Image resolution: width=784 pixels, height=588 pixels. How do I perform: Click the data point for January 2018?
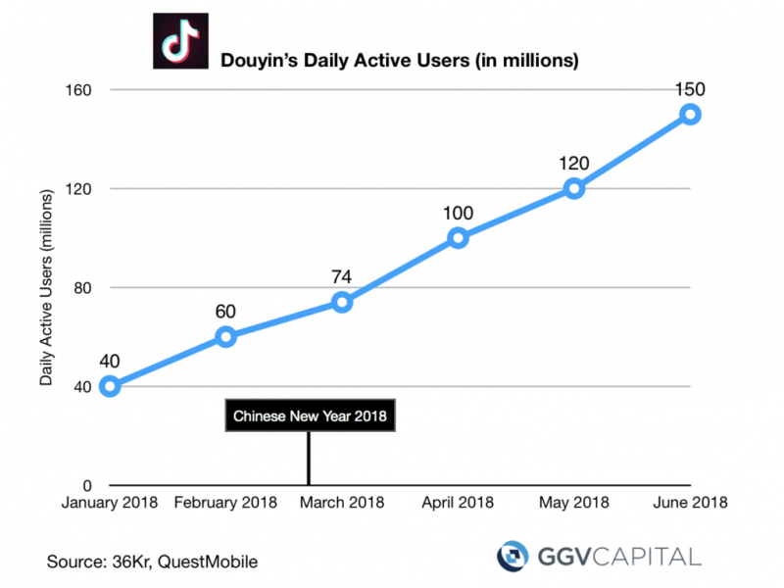point(110,386)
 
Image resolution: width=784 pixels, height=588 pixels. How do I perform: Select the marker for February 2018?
point(225,336)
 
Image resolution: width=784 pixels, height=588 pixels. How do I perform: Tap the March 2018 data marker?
point(341,302)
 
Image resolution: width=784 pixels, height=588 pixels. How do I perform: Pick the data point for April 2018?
point(458,237)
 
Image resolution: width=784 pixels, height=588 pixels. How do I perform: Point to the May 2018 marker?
point(574,188)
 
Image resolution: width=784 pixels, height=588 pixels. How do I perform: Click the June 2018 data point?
point(690,114)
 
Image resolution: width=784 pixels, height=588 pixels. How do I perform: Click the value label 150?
point(690,89)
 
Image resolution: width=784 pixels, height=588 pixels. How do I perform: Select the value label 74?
point(341,277)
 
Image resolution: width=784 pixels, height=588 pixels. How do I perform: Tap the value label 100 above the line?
point(458,213)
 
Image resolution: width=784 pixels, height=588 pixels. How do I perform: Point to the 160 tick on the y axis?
point(77,90)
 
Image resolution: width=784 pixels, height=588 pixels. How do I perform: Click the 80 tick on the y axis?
point(81,287)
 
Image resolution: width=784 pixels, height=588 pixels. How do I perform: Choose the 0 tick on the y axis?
point(86,485)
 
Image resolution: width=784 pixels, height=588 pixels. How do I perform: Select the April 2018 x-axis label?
point(458,503)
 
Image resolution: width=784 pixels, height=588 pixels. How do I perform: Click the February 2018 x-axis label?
point(225,503)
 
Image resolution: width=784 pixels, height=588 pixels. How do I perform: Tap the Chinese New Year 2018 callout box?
point(310,416)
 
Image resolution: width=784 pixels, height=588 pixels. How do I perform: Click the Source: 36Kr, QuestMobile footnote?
point(152,562)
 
